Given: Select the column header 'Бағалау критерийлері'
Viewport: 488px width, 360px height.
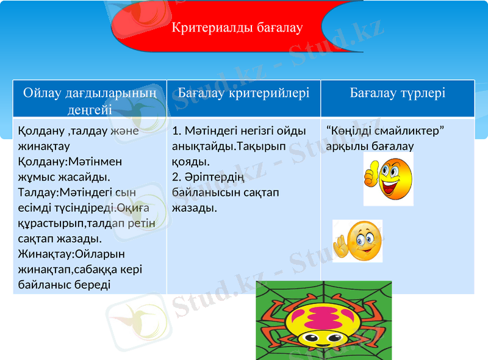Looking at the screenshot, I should (244, 93).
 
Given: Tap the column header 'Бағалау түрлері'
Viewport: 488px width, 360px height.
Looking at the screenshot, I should (397, 93).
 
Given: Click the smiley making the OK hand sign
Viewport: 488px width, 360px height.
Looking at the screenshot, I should (358, 240).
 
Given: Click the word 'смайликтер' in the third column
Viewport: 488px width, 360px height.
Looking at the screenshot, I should (415, 131).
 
